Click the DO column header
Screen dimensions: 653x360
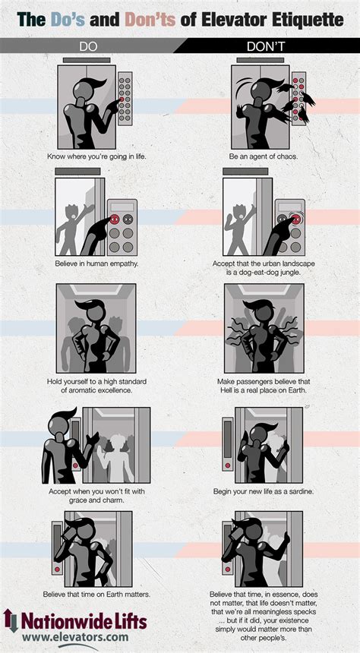89,46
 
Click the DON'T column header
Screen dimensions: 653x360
265,46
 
